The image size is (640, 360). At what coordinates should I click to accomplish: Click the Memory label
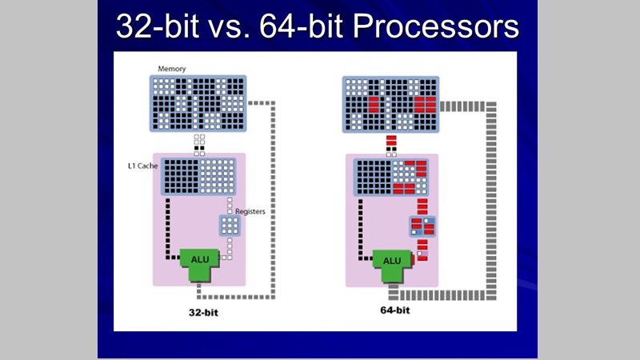pos(171,69)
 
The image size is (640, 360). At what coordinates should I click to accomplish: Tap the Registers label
pos(249,212)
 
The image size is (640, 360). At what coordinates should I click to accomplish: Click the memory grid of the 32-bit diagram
pos(197,104)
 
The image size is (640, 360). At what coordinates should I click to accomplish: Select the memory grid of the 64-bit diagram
pos(391,104)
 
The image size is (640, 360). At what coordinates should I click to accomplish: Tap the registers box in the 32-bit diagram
pos(230,226)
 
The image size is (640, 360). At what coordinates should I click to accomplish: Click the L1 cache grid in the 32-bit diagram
pos(196,177)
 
